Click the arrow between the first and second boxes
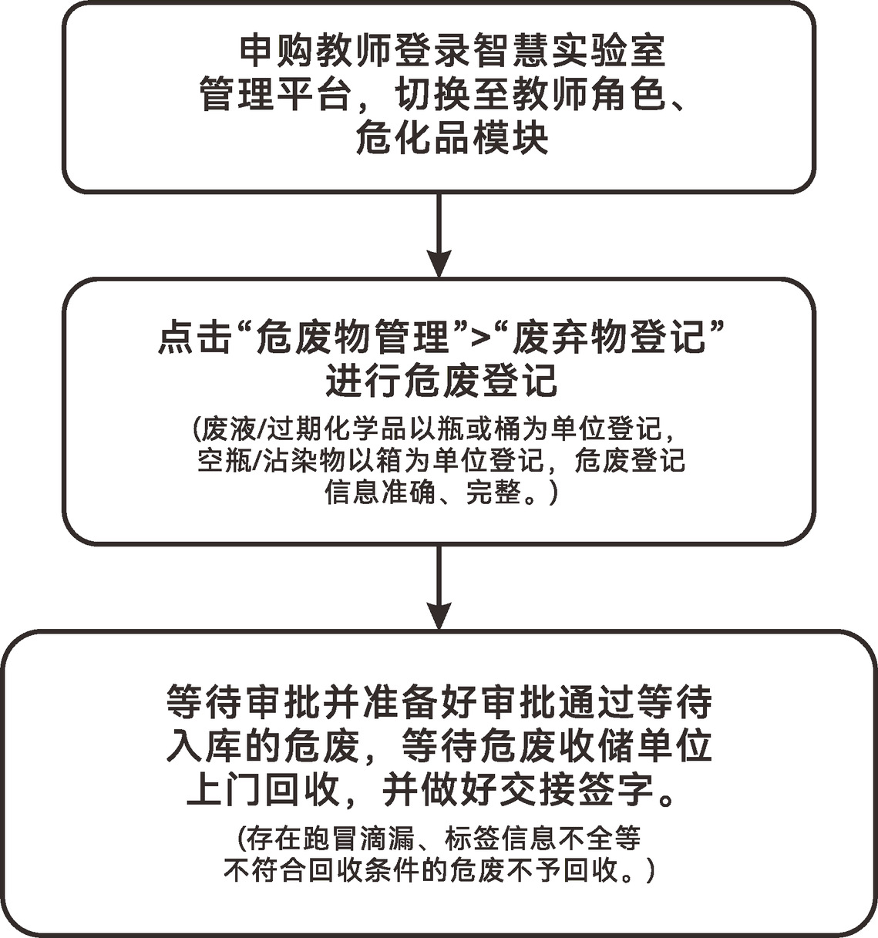point(439,235)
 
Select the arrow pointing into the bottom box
point(439,588)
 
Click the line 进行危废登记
point(442,381)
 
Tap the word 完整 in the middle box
point(493,493)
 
